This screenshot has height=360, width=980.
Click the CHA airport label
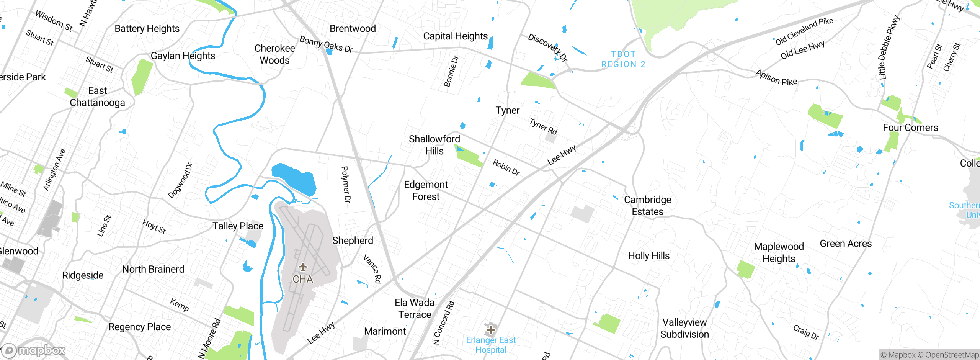[302, 279]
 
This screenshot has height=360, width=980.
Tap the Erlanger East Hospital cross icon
[490, 329]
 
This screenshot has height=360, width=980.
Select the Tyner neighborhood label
[507, 110]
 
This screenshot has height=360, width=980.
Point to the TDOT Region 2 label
[623, 59]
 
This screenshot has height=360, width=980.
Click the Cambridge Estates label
[647, 206]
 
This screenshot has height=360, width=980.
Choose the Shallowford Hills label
[434, 145]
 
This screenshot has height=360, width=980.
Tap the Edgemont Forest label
[426, 190]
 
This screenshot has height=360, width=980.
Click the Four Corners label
[910, 128]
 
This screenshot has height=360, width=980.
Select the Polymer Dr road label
[346, 184]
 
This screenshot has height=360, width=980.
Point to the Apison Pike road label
[776, 78]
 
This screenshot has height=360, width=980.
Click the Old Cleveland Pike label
[804, 31]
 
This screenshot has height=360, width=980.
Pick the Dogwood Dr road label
[180, 180]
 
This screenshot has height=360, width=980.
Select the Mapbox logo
[33, 350]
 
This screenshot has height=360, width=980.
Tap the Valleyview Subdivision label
[684, 328]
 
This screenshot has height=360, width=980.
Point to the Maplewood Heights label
[779, 252]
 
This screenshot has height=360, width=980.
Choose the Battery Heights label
[147, 29]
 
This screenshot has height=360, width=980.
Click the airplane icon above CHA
[302, 267]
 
